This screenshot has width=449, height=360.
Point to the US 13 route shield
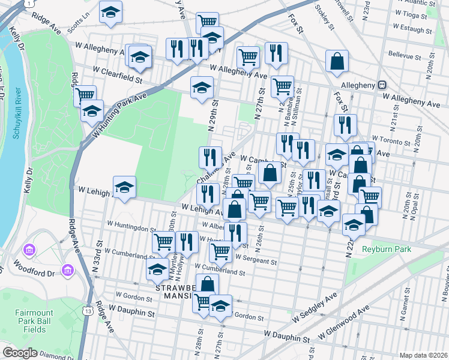point(88,311)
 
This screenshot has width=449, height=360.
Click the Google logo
point(20,353)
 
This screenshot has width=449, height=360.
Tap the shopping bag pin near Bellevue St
point(337,60)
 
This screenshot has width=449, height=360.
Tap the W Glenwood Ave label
point(344,323)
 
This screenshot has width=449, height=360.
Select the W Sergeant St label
point(256,261)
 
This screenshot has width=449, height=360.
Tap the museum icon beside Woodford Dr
point(67,271)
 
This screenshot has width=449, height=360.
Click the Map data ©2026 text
point(423,355)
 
